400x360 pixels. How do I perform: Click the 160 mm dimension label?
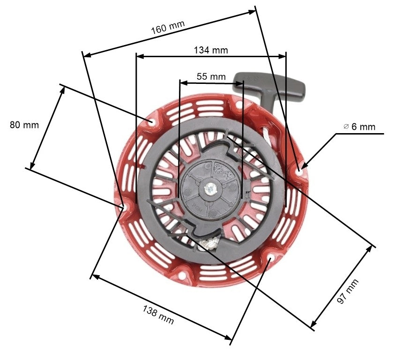[168, 28]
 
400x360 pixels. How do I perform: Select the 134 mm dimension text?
[211, 50]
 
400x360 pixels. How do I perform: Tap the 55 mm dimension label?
[211, 76]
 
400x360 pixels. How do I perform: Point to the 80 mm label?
[24, 125]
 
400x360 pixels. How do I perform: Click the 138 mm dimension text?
[158, 315]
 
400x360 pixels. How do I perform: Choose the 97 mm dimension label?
[348, 291]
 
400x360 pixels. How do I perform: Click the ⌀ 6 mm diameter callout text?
[359, 127]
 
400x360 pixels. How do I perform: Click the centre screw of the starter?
[212, 189]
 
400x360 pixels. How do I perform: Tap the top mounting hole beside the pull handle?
[239, 105]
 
